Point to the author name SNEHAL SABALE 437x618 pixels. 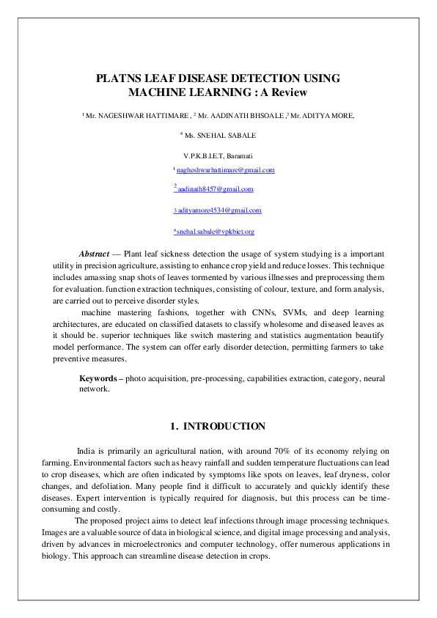pyautogui.click(x=229, y=135)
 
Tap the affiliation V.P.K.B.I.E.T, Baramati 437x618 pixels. pyautogui.click(x=218, y=155)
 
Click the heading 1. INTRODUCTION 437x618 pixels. pyautogui.click(x=218, y=427)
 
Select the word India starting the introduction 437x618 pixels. pyautogui.click(x=87, y=451)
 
